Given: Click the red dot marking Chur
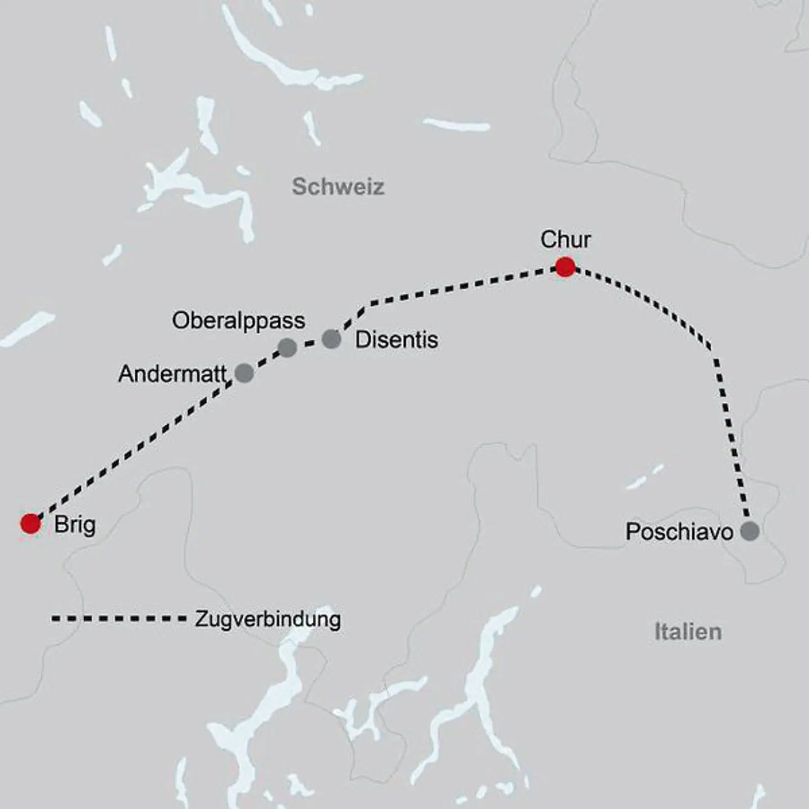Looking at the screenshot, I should (x=565, y=267).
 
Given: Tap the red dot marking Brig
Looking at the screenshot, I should (x=30, y=523).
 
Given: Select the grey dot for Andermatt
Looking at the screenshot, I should (x=244, y=372).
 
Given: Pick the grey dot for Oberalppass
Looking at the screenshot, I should (x=287, y=347).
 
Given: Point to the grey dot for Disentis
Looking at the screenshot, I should (x=331, y=339).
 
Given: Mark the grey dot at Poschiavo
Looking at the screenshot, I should (x=749, y=530).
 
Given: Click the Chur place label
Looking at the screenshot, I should (x=565, y=240).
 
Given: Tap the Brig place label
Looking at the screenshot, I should (x=75, y=525).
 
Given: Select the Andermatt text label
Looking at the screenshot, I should (x=172, y=374).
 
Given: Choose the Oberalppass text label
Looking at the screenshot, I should (x=238, y=321).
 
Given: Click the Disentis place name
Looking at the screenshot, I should (x=396, y=340).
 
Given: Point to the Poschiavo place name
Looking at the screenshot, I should (x=679, y=532).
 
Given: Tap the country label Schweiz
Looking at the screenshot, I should (x=338, y=187).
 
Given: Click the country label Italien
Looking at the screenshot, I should (x=688, y=632).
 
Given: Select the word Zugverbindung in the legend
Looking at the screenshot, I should (x=268, y=619).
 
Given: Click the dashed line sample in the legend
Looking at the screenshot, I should (x=119, y=619).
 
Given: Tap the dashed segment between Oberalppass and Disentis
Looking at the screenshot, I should (x=310, y=342).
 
